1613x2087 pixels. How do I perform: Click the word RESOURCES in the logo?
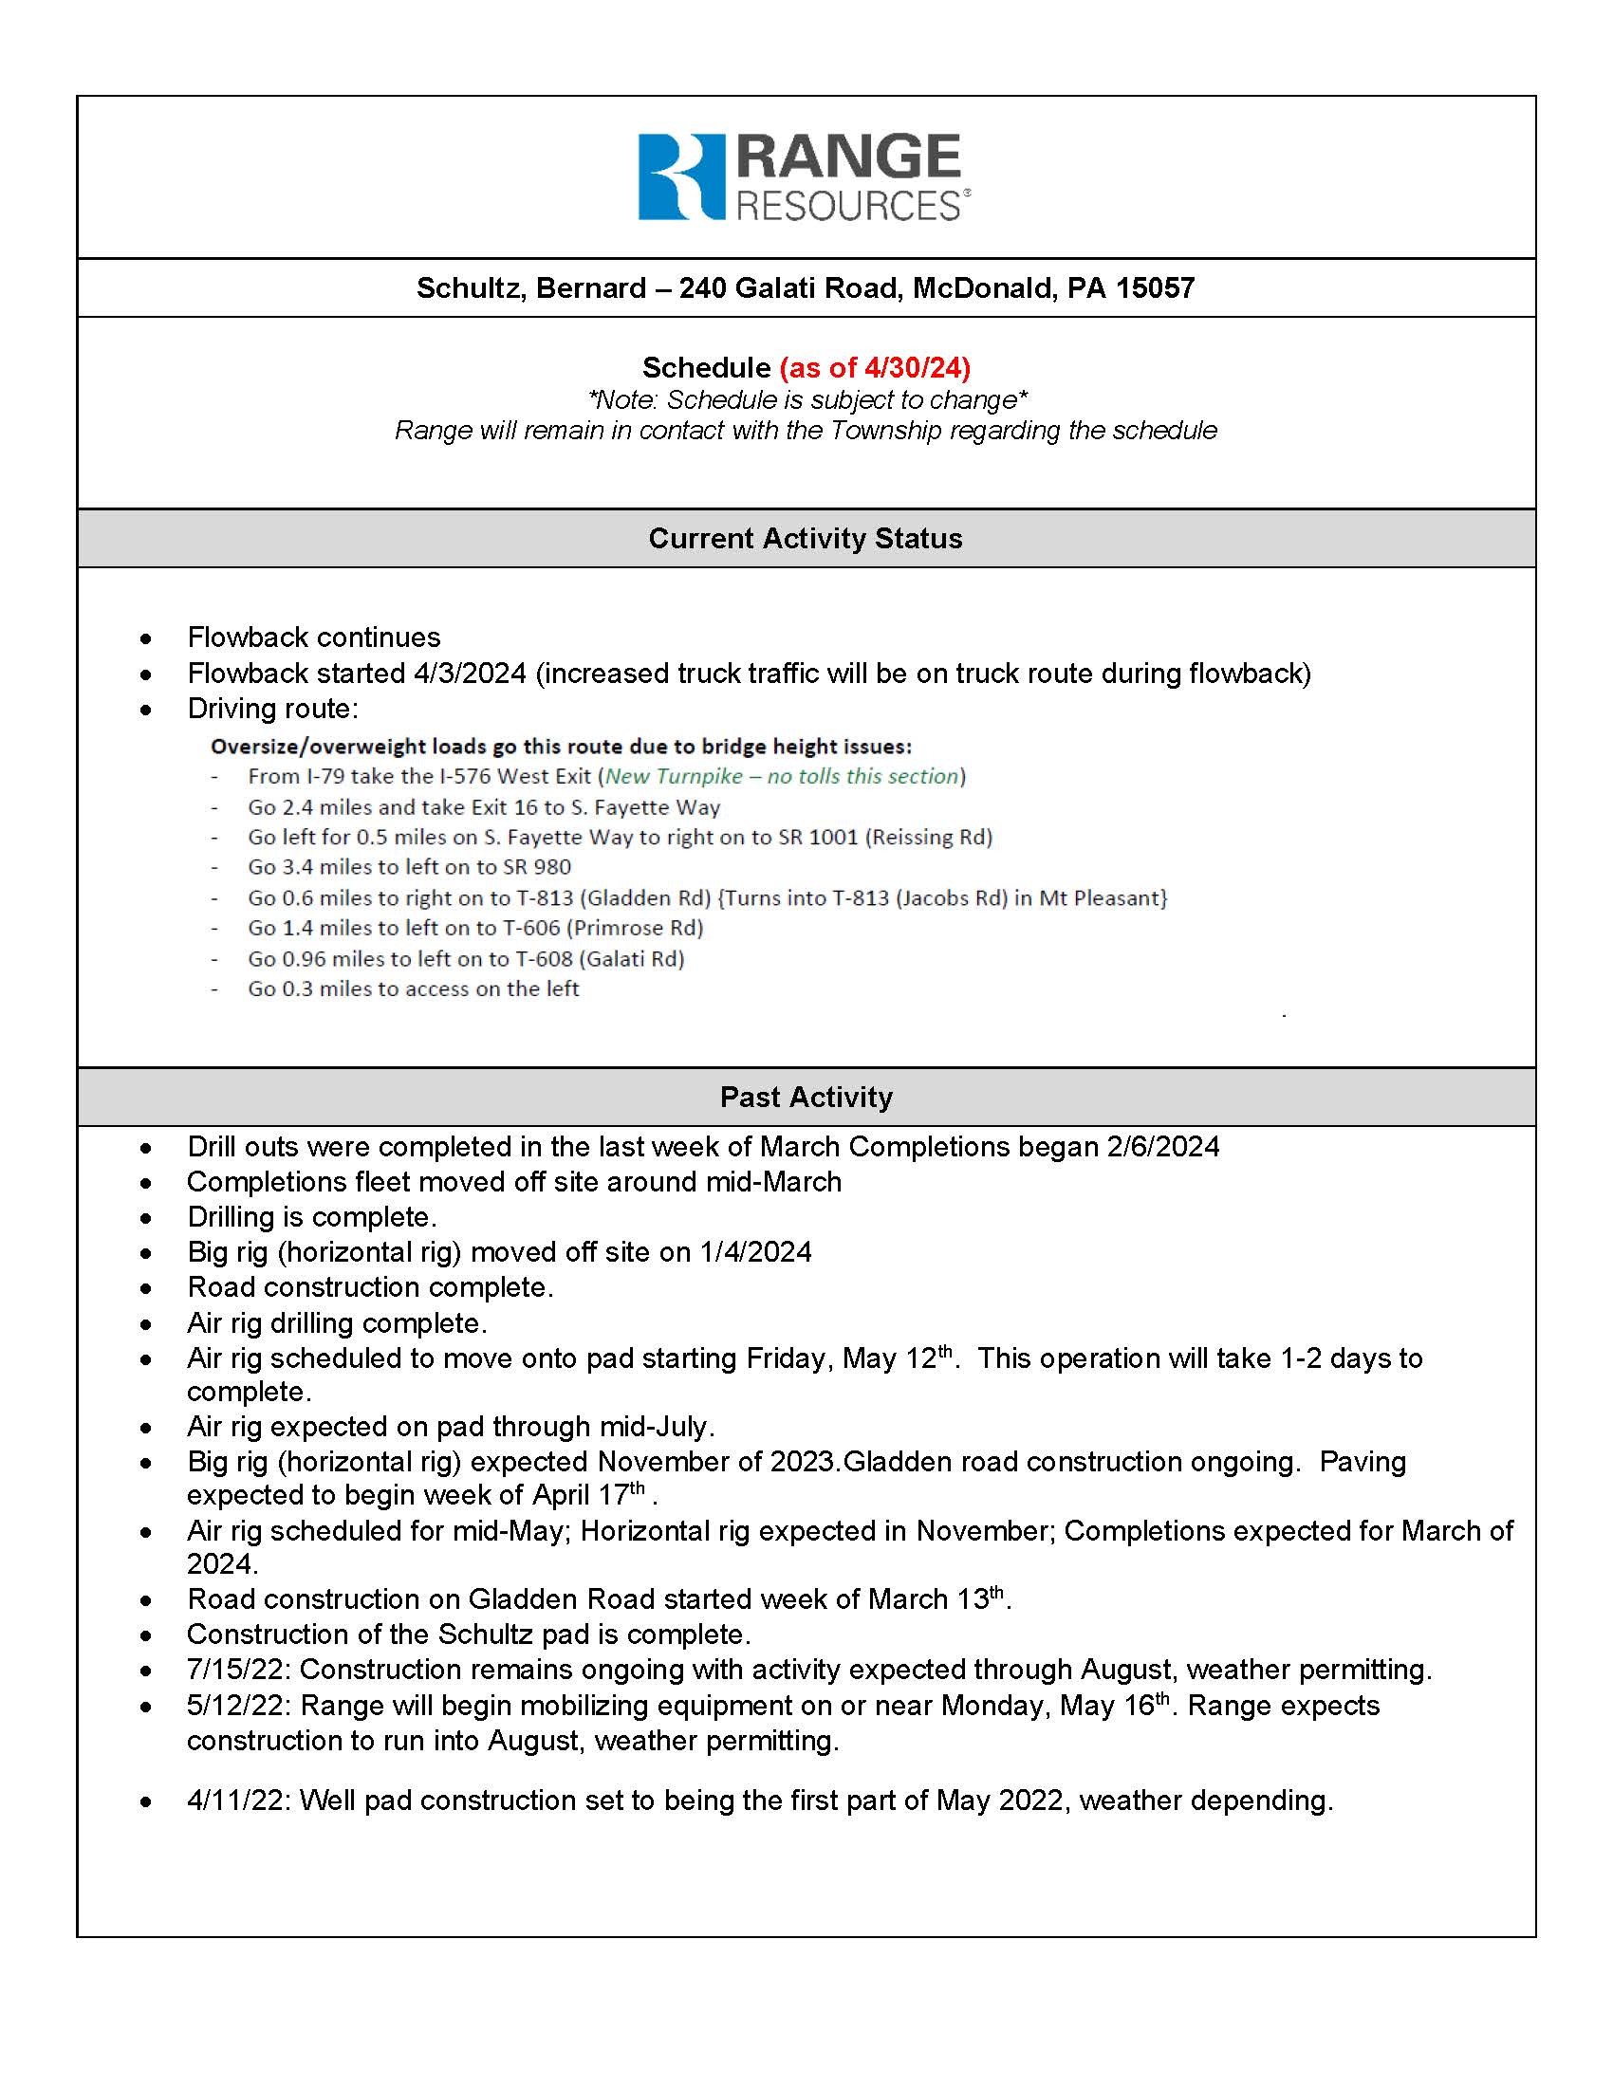(847, 207)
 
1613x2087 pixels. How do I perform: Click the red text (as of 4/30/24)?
(875, 368)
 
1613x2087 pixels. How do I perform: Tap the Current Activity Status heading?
(806, 539)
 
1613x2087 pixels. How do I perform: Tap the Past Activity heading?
(806, 1097)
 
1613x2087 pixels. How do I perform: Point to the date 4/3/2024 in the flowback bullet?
(469, 674)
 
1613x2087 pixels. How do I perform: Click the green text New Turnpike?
(674, 776)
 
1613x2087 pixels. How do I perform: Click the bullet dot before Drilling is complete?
(145, 1218)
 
